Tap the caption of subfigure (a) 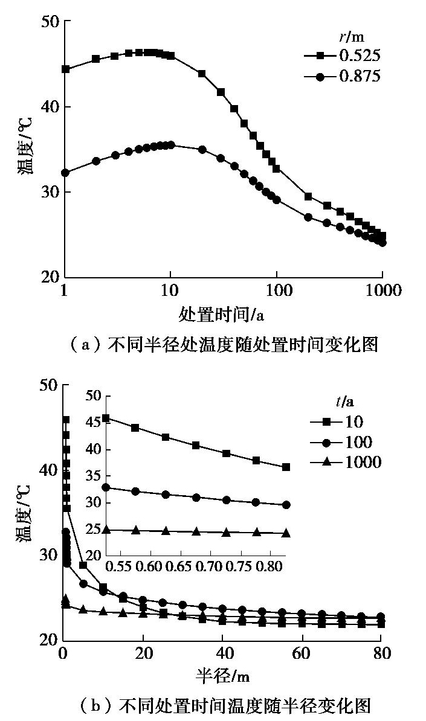click(224, 345)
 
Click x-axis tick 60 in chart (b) click(302, 654)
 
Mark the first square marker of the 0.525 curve click(66, 69)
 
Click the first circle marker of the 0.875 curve click(66, 173)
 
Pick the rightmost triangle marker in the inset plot click(286, 533)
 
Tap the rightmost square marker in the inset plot click(286, 467)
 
